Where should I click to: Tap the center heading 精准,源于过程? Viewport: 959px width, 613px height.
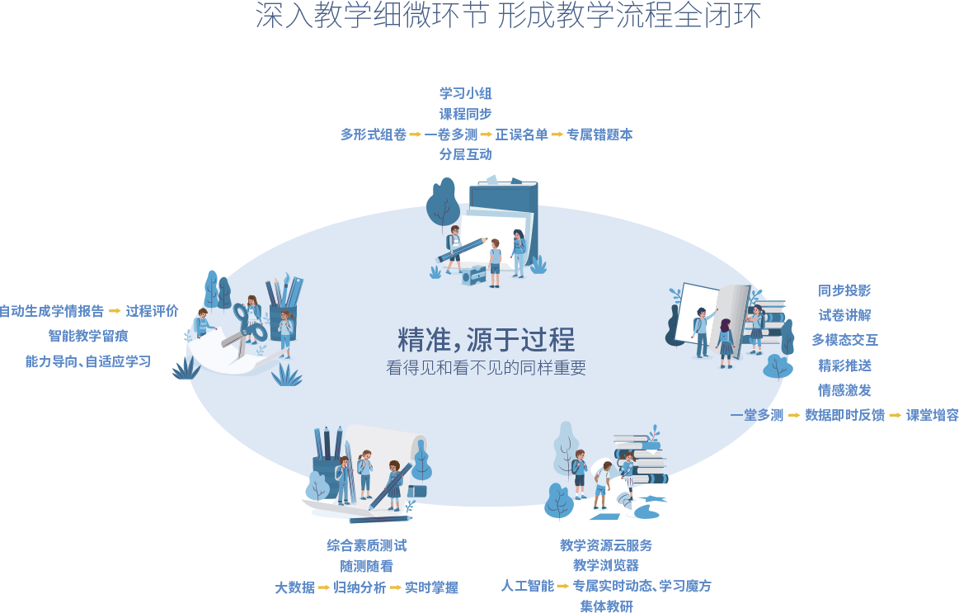(486, 339)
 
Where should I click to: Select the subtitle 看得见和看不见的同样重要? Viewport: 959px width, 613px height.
(486, 368)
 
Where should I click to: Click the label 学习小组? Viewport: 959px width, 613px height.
(466, 93)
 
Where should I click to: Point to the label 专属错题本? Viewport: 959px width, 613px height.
(600, 134)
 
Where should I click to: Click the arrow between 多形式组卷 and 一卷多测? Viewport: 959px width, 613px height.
(416, 134)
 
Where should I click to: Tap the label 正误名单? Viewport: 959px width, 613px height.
(522, 134)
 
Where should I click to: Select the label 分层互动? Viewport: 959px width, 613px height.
(466, 154)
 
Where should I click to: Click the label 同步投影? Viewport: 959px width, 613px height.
(844, 290)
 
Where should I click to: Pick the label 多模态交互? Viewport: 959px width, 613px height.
(844, 340)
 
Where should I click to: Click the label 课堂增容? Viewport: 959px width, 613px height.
(933, 415)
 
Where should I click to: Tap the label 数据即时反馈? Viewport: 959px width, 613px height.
(844, 415)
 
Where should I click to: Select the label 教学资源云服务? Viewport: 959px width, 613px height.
(606, 545)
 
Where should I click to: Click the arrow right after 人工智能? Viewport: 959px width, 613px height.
(563, 586)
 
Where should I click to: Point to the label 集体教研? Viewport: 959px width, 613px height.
(606, 606)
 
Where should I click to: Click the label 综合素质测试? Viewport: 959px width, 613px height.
(366, 545)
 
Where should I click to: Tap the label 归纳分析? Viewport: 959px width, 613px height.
(360, 588)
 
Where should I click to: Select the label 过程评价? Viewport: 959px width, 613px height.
(152, 311)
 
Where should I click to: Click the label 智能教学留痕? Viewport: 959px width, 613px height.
(88, 336)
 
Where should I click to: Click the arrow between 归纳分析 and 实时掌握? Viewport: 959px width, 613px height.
(396, 588)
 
